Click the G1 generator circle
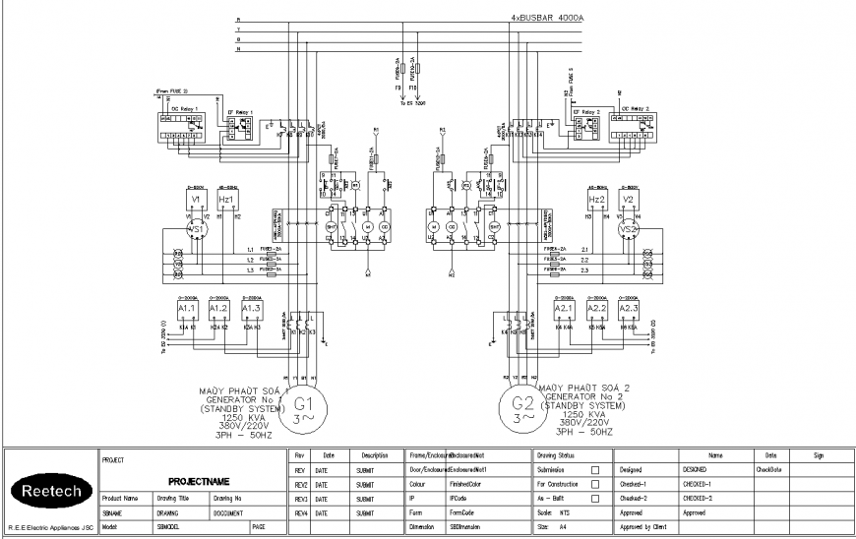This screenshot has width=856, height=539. pos(303,406)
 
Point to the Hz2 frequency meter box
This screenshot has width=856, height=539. pos(596,200)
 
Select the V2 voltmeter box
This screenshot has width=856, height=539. pos(628,200)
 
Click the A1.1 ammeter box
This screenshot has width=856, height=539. pos(188,309)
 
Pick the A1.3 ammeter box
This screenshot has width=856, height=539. pos(251,309)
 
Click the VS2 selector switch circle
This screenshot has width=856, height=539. pos(627,229)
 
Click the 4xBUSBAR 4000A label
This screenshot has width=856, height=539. pos(547,18)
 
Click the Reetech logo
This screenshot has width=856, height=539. pos(48,491)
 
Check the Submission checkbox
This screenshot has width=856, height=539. pos(594,471)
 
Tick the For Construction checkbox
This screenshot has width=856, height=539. pos(594,485)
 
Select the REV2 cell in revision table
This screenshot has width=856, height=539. pos(301,485)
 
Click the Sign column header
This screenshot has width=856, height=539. pos(820,456)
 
